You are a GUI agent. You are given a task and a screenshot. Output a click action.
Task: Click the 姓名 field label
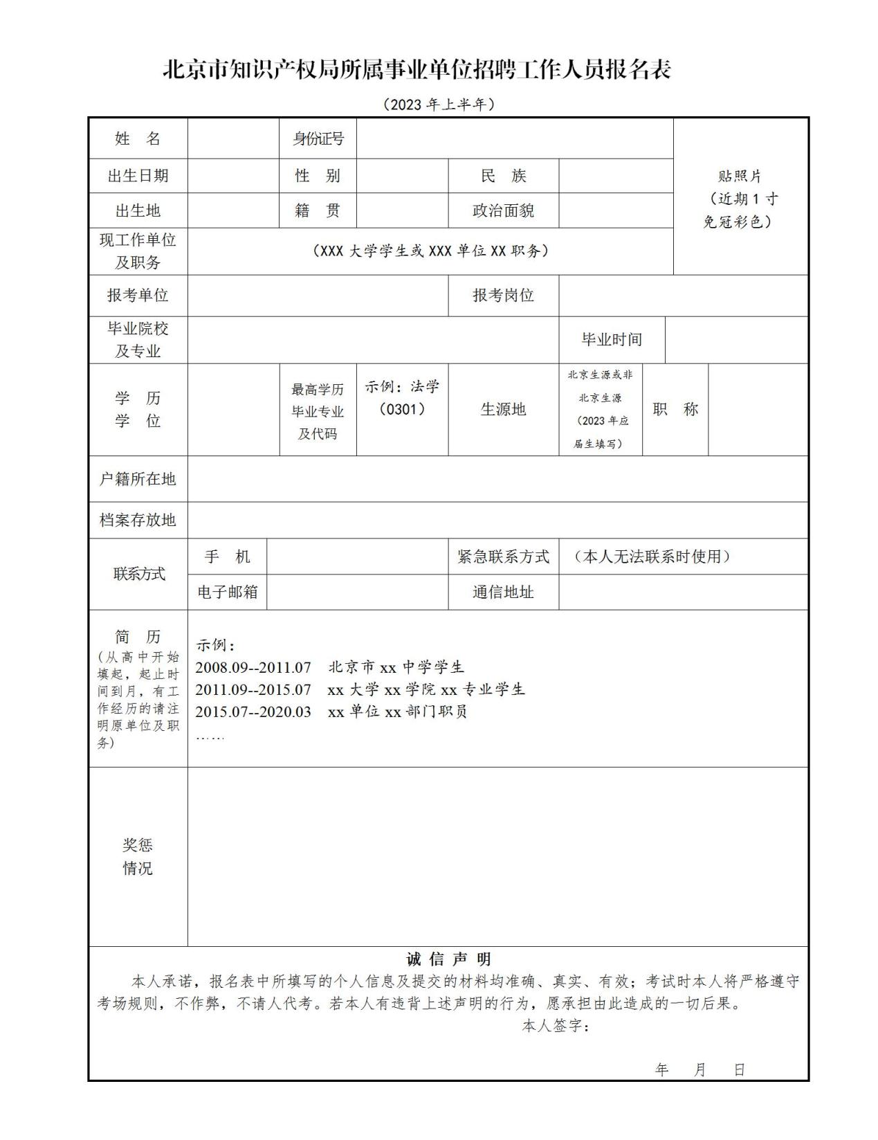(138, 138)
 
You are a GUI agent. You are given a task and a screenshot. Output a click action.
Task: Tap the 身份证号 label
(318, 138)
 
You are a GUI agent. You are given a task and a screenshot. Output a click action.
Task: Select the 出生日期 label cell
(138, 176)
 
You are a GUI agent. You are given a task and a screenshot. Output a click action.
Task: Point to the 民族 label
(503, 176)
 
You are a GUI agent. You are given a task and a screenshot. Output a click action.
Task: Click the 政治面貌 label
(503, 210)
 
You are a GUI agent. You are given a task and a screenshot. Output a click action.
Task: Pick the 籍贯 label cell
(318, 210)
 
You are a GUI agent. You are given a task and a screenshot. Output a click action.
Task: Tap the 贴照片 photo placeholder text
(740, 177)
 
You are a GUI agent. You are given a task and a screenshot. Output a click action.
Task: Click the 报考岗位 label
(503, 296)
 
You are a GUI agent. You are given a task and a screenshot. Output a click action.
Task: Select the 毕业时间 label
(612, 340)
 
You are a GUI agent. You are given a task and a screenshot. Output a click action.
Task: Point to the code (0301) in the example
(402, 409)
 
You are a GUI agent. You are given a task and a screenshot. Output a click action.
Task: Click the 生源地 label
(503, 409)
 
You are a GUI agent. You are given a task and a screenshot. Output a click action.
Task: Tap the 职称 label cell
(675, 409)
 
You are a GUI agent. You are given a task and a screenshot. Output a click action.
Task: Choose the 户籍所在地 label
(138, 479)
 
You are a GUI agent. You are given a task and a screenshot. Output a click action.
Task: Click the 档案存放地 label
(138, 520)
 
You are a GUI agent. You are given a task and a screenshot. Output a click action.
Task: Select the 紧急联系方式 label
(503, 557)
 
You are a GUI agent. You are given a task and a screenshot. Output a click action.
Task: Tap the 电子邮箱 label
(227, 592)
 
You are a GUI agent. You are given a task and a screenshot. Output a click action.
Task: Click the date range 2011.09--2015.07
(253, 689)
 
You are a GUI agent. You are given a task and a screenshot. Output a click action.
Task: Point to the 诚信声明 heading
(448, 959)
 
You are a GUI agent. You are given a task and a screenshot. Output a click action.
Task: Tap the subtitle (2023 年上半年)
(439, 105)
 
